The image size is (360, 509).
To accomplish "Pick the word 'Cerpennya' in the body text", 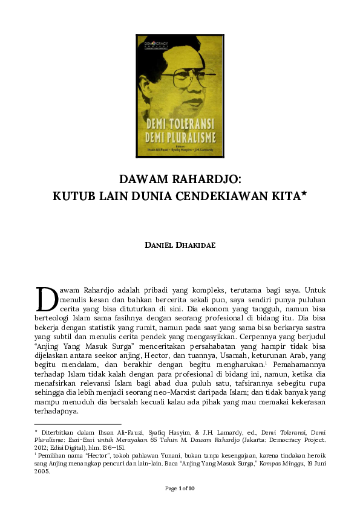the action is point(260,345).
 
